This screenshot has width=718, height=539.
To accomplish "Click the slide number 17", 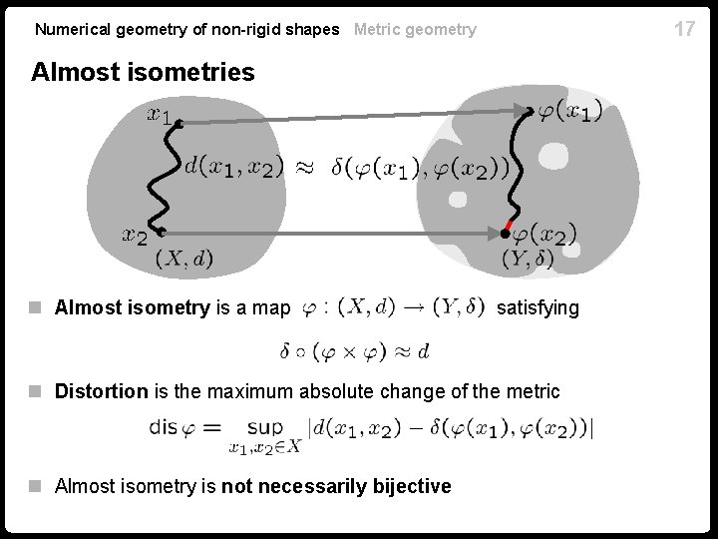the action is click(x=684, y=29).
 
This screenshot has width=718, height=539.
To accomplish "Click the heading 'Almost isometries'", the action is click(x=143, y=72).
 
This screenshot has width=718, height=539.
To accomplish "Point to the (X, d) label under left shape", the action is click(x=184, y=259).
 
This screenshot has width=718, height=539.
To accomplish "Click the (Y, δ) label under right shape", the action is click(x=529, y=260).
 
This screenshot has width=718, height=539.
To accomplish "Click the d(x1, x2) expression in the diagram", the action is click(x=234, y=166).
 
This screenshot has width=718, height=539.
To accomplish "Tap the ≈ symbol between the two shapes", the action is click(x=308, y=167).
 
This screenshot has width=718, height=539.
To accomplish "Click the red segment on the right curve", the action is click(x=509, y=226).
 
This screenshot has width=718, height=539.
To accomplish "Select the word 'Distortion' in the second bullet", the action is click(x=101, y=391).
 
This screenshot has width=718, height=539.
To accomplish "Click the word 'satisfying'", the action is click(x=538, y=307).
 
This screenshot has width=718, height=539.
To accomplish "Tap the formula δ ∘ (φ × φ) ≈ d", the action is click(x=355, y=350).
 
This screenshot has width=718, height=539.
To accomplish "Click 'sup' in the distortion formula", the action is click(x=265, y=426).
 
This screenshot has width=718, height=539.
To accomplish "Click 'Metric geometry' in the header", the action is click(x=415, y=29).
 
